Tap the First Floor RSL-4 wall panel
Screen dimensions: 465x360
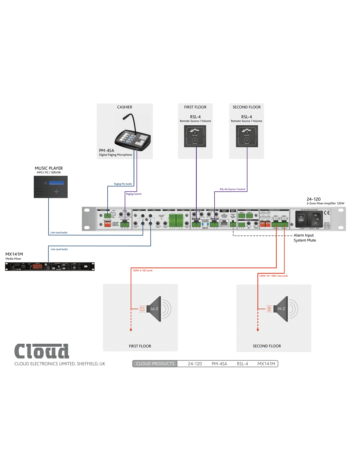click(195, 136)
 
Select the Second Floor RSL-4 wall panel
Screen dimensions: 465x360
click(247, 136)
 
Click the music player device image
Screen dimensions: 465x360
click(51, 187)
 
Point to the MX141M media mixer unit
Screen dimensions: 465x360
click(50, 267)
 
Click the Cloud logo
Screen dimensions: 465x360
click(42, 351)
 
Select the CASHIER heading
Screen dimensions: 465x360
click(125, 107)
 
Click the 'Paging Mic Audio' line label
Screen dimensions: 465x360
click(123, 184)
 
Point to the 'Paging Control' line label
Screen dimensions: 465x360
click(134, 194)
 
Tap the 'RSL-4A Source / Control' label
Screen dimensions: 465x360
click(232, 189)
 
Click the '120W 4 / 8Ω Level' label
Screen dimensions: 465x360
click(142, 270)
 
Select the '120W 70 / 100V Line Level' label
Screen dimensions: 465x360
click(273, 276)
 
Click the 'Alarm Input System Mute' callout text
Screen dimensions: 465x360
click(304, 238)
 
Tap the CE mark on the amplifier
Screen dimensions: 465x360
click(327, 213)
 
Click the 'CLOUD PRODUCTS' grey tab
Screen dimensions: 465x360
click(155, 364)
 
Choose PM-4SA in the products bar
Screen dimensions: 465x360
click(219, 364)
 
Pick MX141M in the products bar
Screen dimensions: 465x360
click(266, 364)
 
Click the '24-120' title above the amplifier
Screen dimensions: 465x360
click(314, 199)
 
